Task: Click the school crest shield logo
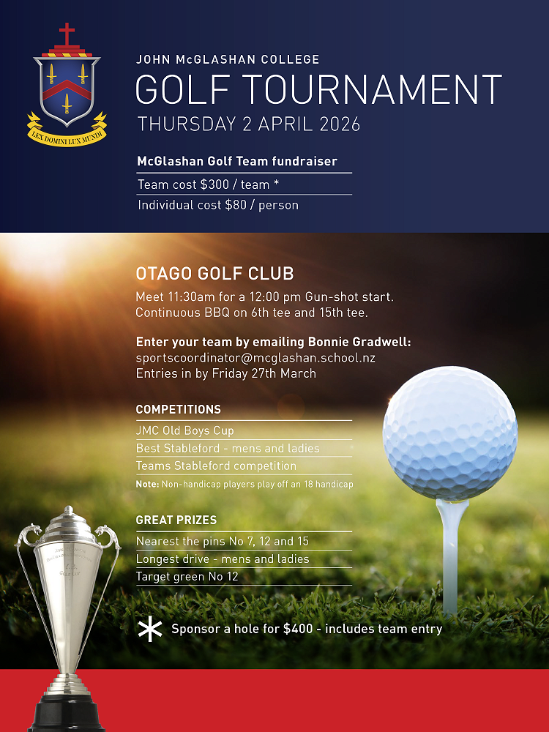pyautogui.click(x=67, y=88)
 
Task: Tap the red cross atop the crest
pyautogui.click(x=67, y=34)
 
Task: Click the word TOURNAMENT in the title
pyautogui.click(x=371, y=89)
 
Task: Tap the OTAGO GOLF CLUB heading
pyautogui.click(x=214, y=274)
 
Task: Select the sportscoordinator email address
pyautogui.click(x=255, y=358)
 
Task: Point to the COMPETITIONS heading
pyautogui.click(x=179, y=409)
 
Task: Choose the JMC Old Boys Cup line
pyautogui.click(x=184, y=430)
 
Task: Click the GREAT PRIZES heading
pyautogui.click(x=176, y=520)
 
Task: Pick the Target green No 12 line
pyautogui.click(x=187, y=577)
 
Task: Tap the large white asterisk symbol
pyautogui.click(x=150, y=628)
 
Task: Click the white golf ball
pyautogui.click(x=450, y=435)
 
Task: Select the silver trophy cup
pyautogui.click(x=68, y=586)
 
